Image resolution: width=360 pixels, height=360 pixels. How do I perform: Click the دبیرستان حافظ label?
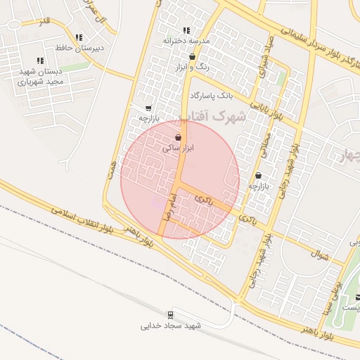pos(79,48)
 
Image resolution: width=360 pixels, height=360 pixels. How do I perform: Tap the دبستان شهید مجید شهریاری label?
pos(40,76)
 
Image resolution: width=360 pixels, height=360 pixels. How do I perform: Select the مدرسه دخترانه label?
pos(186,41)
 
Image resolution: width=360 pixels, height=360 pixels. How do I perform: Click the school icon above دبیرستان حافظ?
pos(79,37)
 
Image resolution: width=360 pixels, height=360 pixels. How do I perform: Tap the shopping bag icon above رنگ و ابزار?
pos(192,57)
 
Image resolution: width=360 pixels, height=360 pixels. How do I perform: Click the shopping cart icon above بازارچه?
pos(148,108)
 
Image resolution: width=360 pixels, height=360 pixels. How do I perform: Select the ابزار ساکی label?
pos(178,148)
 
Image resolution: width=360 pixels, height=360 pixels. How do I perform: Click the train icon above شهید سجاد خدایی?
pos(171,314)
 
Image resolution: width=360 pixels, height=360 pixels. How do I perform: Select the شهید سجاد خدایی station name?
pos(171,326)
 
